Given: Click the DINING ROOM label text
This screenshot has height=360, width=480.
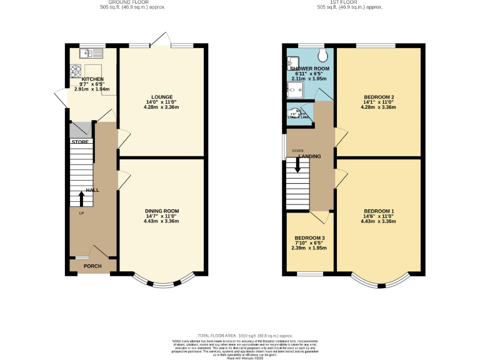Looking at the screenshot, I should click(162, 211).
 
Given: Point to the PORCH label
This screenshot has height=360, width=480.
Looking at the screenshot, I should click(92, 266).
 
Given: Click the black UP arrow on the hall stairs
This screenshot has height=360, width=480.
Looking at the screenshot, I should click(81, 198).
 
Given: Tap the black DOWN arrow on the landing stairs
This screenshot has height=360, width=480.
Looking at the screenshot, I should click(297, 166).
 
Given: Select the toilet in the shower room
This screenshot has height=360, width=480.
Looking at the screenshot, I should click(321, 52).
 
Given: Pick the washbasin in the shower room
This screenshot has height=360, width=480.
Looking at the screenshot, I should click(290, 62).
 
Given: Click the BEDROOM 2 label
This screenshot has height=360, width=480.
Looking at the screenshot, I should click(379, 97).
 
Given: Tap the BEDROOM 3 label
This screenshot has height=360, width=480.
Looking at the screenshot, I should click(310, 238).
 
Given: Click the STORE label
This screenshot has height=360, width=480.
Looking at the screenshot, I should click(79, 142).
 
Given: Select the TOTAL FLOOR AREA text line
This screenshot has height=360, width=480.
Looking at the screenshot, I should click(240, 335).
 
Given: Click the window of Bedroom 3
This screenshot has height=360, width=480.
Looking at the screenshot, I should click(310, 273).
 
